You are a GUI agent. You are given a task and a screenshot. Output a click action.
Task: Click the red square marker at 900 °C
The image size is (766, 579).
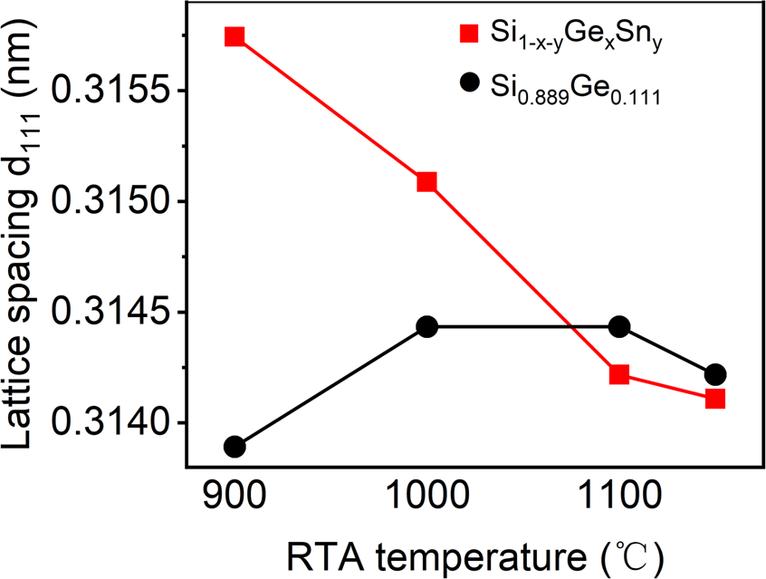235,36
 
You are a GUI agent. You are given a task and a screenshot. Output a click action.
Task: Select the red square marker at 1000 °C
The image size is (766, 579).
426,182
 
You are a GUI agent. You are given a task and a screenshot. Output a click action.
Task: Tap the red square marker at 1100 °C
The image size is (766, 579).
619,374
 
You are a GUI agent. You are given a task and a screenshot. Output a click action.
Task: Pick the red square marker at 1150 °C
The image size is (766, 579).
715,398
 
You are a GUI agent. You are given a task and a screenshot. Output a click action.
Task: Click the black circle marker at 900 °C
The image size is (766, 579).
235,447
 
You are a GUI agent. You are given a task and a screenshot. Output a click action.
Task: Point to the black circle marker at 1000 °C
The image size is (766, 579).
426,326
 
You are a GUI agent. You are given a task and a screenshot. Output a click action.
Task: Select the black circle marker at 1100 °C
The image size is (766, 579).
619,326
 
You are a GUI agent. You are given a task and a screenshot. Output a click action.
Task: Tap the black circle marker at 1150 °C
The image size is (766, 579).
715,374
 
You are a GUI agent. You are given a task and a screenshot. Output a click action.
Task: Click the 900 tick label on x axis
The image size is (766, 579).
235,497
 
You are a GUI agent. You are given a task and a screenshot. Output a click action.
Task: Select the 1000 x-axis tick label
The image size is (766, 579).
426,497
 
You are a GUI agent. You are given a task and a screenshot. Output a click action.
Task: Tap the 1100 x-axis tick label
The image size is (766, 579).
619,497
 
